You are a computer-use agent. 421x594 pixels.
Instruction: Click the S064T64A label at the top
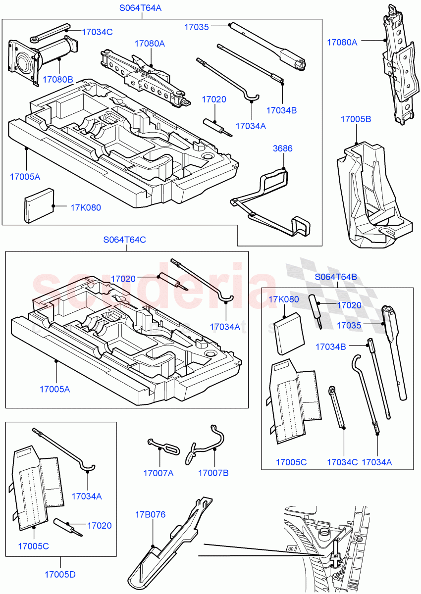pos(141,8)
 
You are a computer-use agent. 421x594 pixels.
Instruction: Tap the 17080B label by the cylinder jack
pos(57,79)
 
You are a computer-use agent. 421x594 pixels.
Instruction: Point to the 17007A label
pos(158,473)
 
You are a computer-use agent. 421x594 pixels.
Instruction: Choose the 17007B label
pos(213,473)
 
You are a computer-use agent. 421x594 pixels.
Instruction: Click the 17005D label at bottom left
pos(60,575)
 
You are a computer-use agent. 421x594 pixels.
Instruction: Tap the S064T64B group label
pos(335,277)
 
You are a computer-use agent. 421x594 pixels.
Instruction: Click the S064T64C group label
pos(124,240)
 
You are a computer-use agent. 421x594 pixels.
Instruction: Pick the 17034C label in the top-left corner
pos(97,32)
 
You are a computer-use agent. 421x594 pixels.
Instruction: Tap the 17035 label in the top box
pos(196,28)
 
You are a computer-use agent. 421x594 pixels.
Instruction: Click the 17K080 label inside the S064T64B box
pos(284,299)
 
